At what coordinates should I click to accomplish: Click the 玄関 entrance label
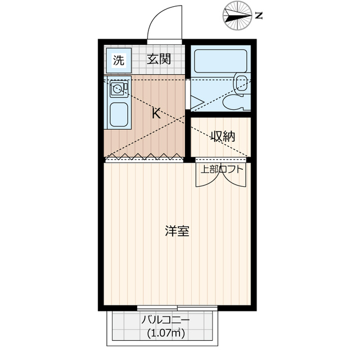159,59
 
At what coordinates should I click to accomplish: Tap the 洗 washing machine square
118,60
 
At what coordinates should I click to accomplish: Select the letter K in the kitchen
157,113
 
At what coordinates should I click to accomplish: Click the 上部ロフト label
220,168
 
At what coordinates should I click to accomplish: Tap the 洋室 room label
177,231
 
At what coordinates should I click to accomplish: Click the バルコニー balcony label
165,321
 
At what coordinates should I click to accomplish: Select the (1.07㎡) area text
165,332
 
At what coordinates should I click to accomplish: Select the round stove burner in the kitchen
117,89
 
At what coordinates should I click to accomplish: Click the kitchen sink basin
118,114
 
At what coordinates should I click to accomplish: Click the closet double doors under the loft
220,177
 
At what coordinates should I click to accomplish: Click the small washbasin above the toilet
241,83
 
